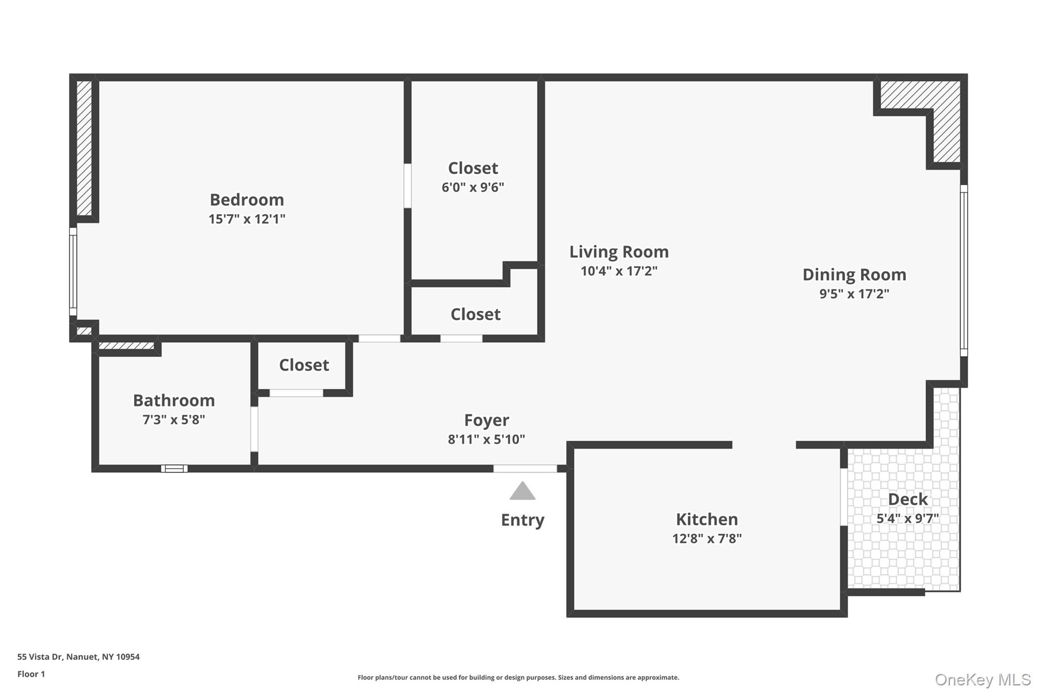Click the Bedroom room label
[247, 200]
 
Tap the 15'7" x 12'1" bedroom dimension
[247, 219]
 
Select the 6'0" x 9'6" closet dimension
[472, 187]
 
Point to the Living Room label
[619, 252]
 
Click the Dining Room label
[854, 274]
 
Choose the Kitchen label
[707, 519]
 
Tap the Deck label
[907, 499]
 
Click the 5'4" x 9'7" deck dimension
[907, 518]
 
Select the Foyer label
[487, 420]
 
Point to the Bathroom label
[174, 400]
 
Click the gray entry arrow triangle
[523, 492]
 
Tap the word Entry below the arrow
[523, 520]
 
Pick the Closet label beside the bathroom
[304, 365]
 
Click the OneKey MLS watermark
[982, 679]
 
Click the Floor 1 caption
[31, 674]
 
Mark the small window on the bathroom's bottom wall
[174, 469]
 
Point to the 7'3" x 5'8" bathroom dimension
[174, 420]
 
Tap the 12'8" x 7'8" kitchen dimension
[707, 538]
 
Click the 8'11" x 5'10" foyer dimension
[487, 439]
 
